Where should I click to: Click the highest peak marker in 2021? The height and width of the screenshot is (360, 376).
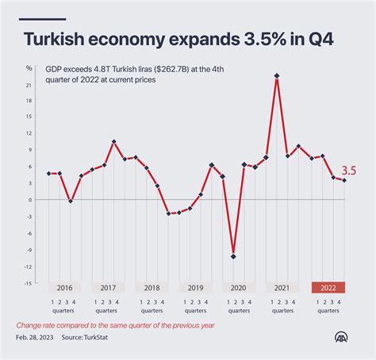point(277,76)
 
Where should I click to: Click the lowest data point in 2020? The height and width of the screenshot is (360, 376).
point(233,256)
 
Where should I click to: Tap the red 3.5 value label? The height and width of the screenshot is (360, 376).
point(349,170)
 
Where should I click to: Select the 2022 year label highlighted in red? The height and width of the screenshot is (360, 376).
point(327,289)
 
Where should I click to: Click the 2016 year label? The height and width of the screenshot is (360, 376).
point(65,289)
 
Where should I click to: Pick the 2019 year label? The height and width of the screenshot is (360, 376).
point(196,289)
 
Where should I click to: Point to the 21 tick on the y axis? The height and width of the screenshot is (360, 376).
point(29,85)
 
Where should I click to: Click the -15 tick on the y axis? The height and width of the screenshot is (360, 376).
point(29,282)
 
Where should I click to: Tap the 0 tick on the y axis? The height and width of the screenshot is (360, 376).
point(31,200)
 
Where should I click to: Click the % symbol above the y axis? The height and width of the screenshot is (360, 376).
point(29,68)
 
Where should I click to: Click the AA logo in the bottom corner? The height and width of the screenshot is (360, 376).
point(344,336)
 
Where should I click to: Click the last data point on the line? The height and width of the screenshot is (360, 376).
point(343,181)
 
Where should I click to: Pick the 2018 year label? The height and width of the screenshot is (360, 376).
point(152,289)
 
